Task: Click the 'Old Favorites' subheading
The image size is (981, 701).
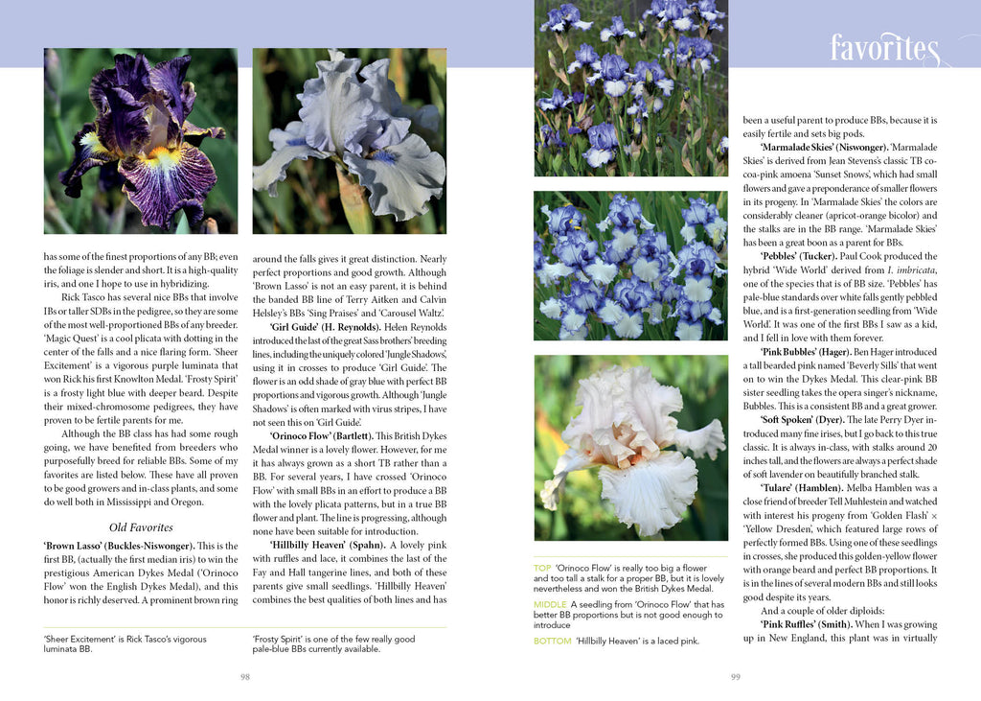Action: click(x=141, y=526)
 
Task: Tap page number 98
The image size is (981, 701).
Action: click(x=245, y=676)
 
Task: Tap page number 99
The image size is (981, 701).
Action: click(x=736, y=676)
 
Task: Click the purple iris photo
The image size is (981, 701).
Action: click(x=141, y=141)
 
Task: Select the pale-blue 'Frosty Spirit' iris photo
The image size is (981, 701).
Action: click(x=350, y=141)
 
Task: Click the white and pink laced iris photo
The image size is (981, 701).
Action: click(x=630, y=448)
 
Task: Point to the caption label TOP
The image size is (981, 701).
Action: click(x=542, y=569)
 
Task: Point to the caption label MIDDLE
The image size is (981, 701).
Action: click(x=550, y=605)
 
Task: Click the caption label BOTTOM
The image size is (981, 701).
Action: click(x=552, y=641)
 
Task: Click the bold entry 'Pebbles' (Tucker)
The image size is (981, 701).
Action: click(x=811, y=257)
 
